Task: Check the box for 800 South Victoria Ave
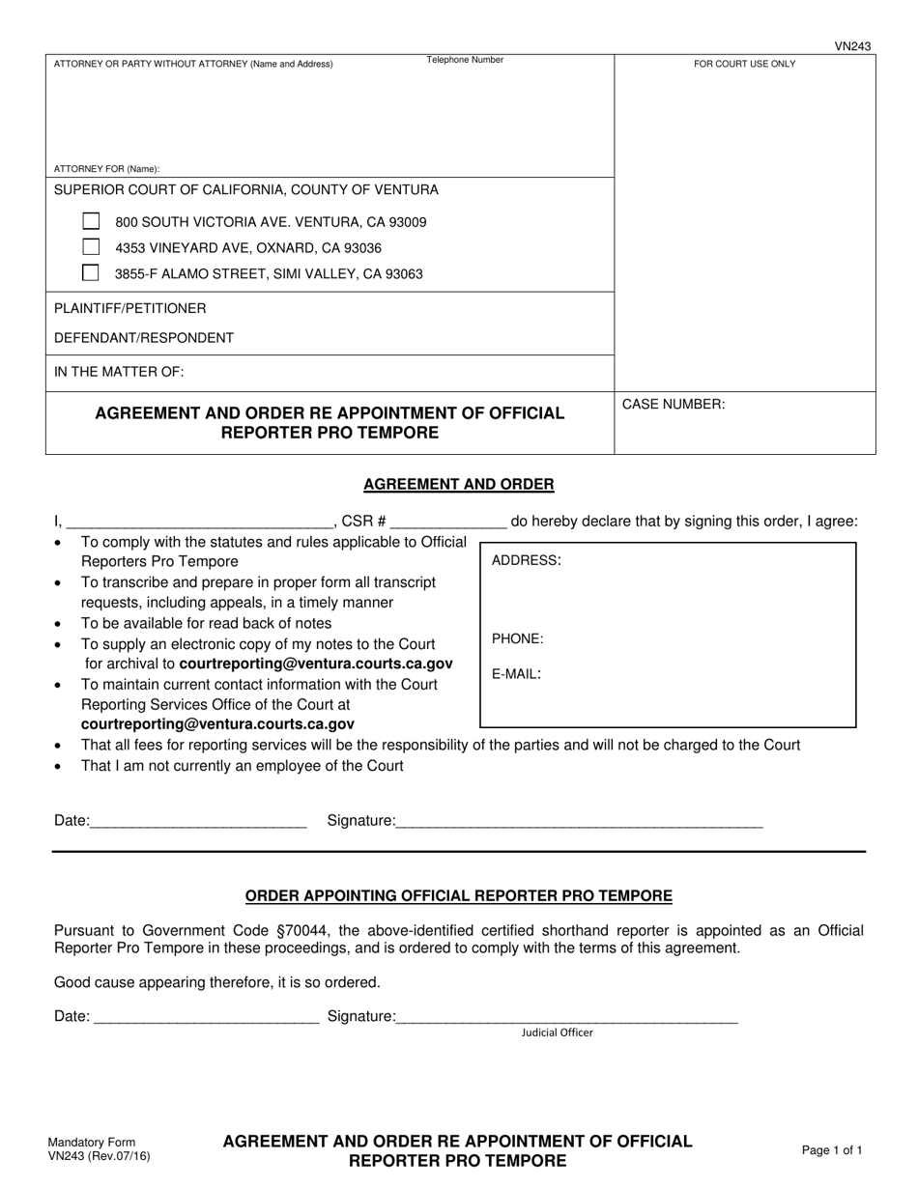pyautogui.click(x=91, y=221)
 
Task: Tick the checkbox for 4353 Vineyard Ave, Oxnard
pyautogui.click(x=91, y=247)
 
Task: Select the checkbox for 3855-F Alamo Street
pyautogui.click(x=91, y=272)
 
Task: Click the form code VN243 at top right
pyautogui.click(x=852, y=46)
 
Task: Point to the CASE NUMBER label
pyautogui.click(x=673, y=405)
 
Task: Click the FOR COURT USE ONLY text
pyautogui.click(x=744, y=64)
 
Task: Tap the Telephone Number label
pyautogui.click(x=465, y=60)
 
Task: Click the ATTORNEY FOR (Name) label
pyautogui.click(x=106, y=169)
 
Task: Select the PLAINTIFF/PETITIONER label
pyautogui.click(x=129, y=308)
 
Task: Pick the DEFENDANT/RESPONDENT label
pyautogui.click(x=143, y=338)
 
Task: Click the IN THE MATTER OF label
pyautogui.click(x=118, y=372)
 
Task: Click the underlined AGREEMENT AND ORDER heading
pyautogui.click(x=458, y=485)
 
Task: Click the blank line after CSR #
pyautogui.click(x=448, y=523)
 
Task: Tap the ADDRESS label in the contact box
pyautogui.click(x=527, y=560)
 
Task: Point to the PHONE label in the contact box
pyautogui.click(x=517, y=638)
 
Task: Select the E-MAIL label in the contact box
pyautogui.click(x=516, y=674)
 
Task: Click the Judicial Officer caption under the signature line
pyautogui.click(x=558, y=1032)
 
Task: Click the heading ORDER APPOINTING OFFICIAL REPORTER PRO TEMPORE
pyautogui.click(x=458, y=896)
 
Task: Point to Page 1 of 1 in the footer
pyautogui.click(x=832, y=1150)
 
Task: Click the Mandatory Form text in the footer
pyautogui.click(x=92, y=1142)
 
